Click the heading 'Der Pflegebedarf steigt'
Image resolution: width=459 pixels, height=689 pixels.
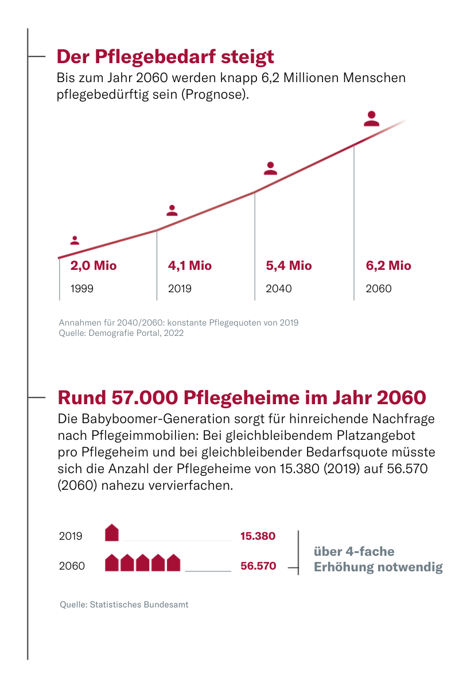click(x=165, y=57)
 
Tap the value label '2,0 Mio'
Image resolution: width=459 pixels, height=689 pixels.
click(x=94, y=266)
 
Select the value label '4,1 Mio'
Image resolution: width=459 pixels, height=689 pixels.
click(x=190, y=266)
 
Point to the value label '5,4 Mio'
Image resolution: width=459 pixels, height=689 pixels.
click(x=289, y=266)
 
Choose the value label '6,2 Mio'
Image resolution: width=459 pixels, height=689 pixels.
click(x=388, y=266)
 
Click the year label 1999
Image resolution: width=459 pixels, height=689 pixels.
click(x=82, y=289)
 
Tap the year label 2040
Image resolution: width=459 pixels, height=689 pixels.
click(x=278, y=289)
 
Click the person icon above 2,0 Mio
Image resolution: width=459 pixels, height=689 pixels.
click(x=75, y=240)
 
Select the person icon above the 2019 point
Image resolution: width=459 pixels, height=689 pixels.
click(x=172, y=210)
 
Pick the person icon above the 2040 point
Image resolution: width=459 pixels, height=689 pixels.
click(x=271, y=168)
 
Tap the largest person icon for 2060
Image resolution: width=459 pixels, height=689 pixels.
click(x=371, y=119)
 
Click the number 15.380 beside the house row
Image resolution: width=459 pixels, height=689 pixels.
click(x=258, y=536)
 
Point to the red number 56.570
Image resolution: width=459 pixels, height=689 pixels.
click(x=258, y=566)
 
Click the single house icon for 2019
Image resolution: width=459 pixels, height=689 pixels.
click(x=112, y=532)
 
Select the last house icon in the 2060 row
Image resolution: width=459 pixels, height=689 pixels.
click(x=174, y=563)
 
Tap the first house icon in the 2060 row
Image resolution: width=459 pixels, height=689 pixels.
click(x=112, y=563)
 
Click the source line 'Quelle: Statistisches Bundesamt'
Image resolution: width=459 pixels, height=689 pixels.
click(x=124, y=605)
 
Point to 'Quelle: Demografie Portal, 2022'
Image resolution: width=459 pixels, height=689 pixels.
click(x=121, y=333)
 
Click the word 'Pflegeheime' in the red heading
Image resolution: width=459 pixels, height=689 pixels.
click(x=242, y=398)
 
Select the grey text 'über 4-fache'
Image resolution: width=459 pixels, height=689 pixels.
click(x=354, y=552)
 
